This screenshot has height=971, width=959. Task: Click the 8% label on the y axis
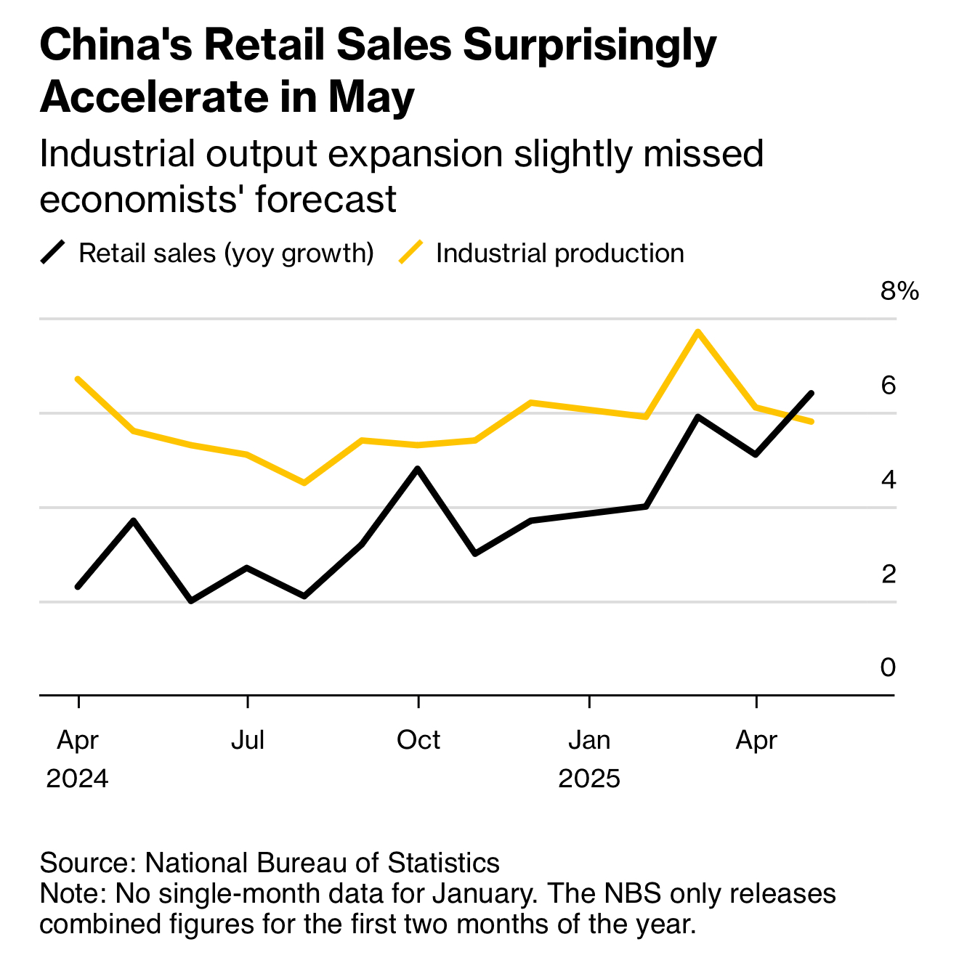click(x=899, y=292)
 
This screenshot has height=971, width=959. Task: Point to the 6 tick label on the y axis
click(x=888, y=386)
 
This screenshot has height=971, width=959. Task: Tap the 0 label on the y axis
click(x=888, y=667)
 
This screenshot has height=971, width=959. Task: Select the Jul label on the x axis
click(x=248, y=741)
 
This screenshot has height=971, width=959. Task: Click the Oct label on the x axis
click(x=418, y=741)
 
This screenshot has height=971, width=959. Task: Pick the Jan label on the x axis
click(x=589, y=741)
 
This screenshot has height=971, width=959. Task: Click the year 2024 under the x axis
click(x=77, y=779)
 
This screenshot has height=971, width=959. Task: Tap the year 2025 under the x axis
click(x=589, y=779)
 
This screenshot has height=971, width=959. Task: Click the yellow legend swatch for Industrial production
click(x=411, y=253)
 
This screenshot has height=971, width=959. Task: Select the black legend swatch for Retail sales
click(x=54, y=253)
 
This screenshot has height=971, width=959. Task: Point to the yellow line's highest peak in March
click(x=697, y=332)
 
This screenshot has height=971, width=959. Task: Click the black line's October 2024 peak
click(x=417, y=468)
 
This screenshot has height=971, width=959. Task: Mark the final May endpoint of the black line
click(x=812, y=393)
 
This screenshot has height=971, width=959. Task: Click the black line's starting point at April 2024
click(x=78, y=587)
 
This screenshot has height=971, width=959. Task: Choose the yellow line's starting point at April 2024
click(x=78, y=378)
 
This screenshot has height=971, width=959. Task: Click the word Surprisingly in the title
click(x=589, y=45)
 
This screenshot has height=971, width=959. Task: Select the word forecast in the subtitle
click(x=325, y=199)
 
